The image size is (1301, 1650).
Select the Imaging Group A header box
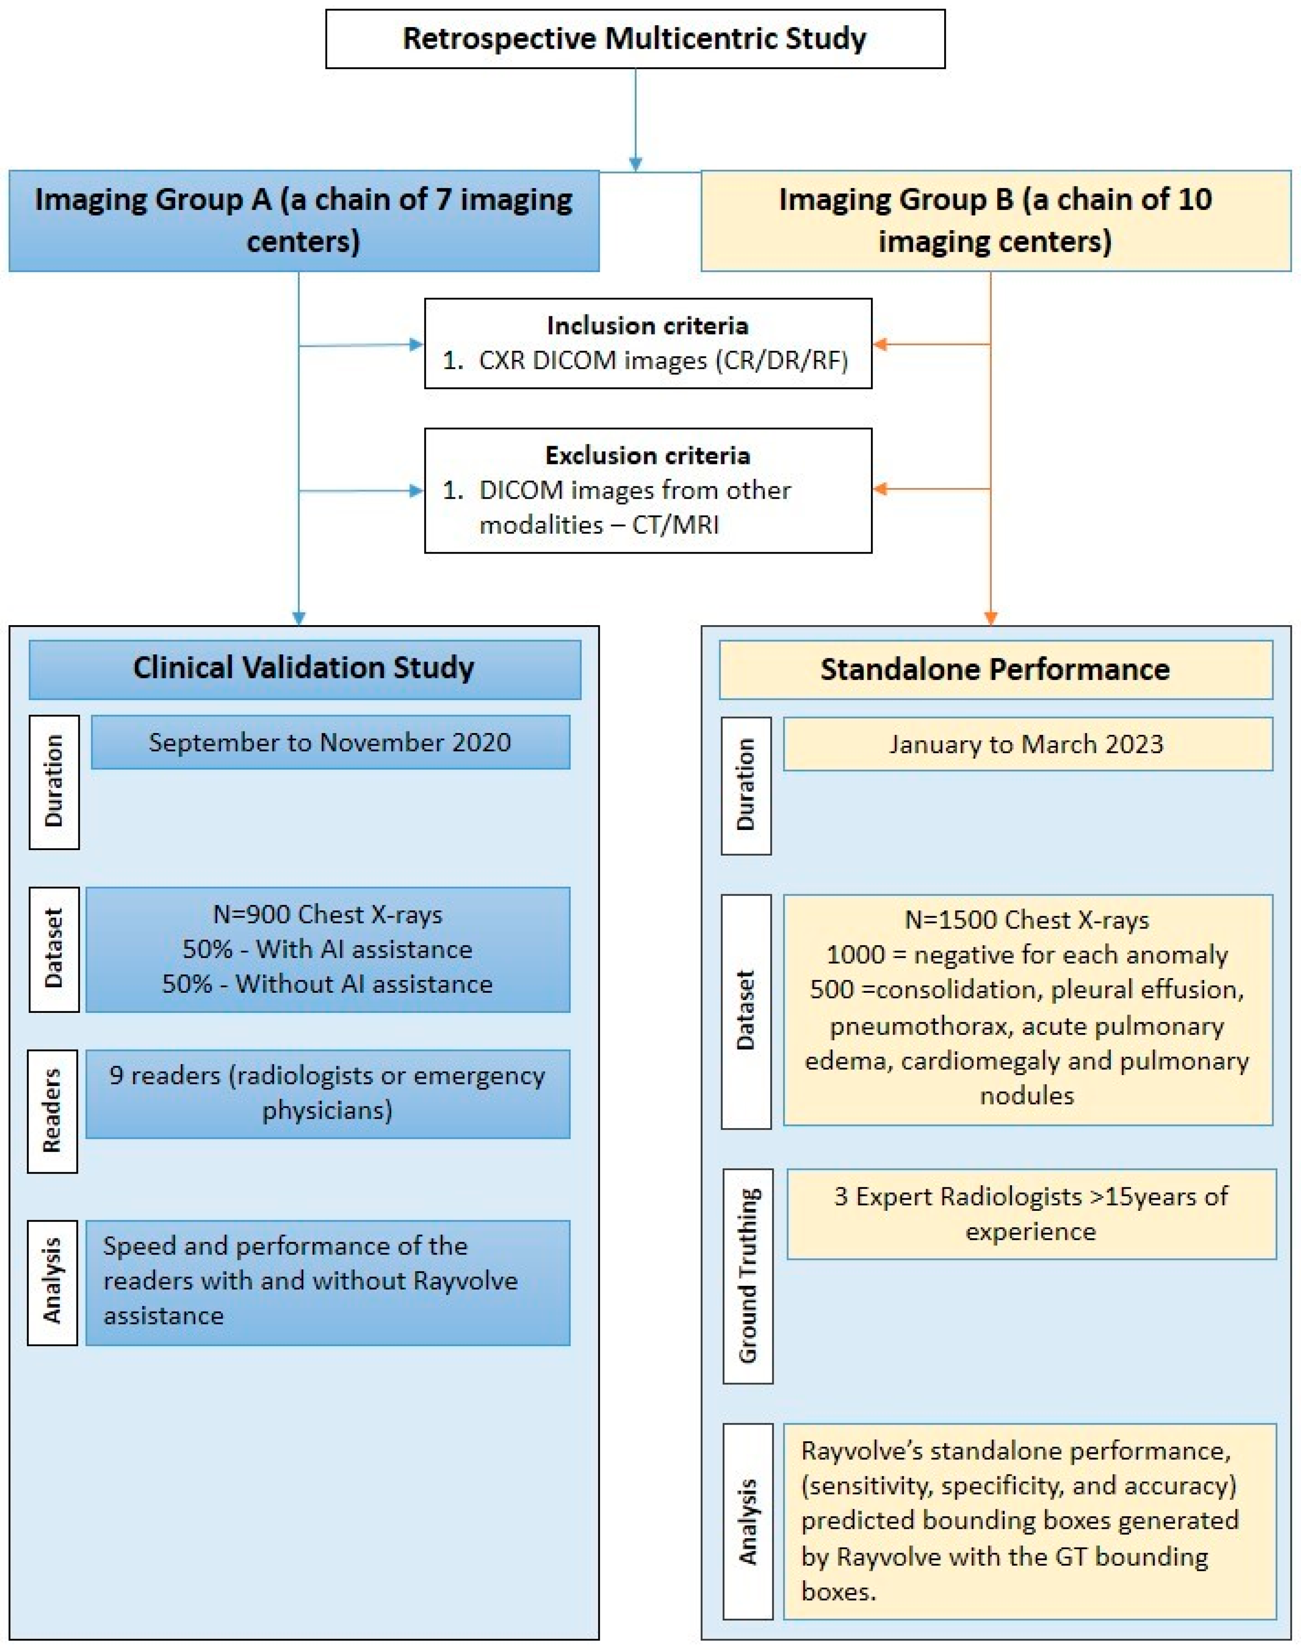303,221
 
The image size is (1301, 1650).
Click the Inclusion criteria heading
647,326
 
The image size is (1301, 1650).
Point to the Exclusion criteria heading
647,455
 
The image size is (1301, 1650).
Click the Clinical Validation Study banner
304,668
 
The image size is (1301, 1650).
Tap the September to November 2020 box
330,742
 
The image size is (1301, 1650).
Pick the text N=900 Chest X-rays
328,914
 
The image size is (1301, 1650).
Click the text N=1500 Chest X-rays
1027,920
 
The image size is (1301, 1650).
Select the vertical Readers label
53,1111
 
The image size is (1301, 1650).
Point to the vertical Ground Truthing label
747,1276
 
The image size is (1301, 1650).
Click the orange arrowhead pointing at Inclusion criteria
880,344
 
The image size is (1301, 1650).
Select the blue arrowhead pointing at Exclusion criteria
416,491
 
